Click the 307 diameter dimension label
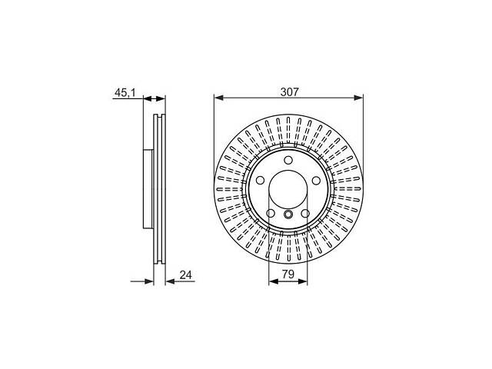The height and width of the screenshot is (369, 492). click(x=290, y=92)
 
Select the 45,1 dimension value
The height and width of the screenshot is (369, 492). click(x=125, y=92)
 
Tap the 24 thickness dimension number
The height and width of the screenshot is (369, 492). click(x=185, y=275)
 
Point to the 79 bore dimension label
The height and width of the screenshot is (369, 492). click(x=288, y=274)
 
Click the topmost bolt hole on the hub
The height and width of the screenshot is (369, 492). click(x=288, y=160)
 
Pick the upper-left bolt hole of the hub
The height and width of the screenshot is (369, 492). click(x=260, y=181)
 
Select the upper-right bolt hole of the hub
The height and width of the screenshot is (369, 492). click(x=316, y=181)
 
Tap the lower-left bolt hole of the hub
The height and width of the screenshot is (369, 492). click(x=271, y=214)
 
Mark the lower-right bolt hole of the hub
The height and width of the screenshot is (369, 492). click(x=305, y=214)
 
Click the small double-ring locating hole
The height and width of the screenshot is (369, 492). click(x=288, y=214)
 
